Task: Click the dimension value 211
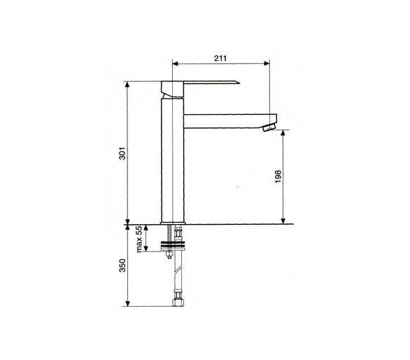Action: coord(220,58)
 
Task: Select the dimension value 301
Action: coord(122,153)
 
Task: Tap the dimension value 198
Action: coord(278,176)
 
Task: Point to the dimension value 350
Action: coord(122,265)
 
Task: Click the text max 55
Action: coord(139,239)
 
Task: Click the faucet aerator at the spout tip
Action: coord(269,127)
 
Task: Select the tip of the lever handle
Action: coord(239,83)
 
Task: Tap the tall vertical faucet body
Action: coord(173,160)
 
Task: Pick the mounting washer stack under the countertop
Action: coord(173,247)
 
